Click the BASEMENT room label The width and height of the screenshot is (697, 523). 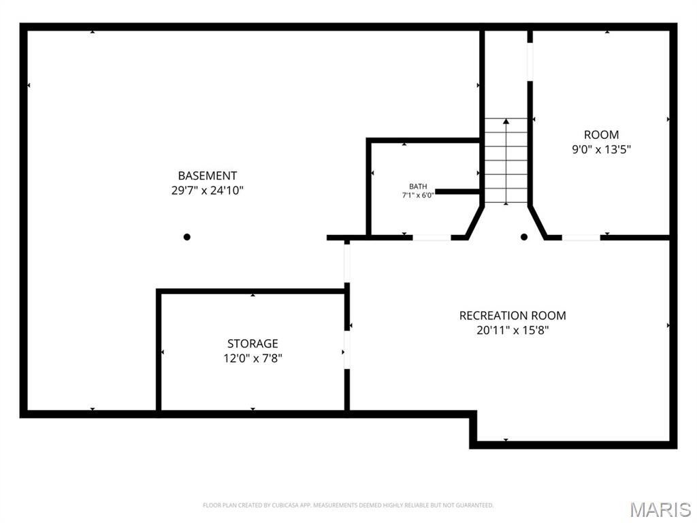208,176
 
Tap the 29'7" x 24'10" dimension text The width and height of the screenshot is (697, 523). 208,191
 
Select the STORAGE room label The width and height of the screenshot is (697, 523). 253,344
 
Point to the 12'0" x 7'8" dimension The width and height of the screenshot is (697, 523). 253,358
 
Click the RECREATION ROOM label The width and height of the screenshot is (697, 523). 513,315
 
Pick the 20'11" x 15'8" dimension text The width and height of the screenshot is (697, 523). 513,330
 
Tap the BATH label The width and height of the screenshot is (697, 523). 418,187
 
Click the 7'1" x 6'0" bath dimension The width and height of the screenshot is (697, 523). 418,195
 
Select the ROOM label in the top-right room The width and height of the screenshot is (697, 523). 601,135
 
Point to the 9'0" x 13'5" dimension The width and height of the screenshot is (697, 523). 601,149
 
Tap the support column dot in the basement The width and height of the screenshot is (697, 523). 187,237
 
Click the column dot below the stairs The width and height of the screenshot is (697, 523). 524,237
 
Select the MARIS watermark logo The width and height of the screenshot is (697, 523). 660,509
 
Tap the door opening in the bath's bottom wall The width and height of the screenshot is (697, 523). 432,238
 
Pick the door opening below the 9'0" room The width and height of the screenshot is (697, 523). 581,238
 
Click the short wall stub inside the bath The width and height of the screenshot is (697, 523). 457,192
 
